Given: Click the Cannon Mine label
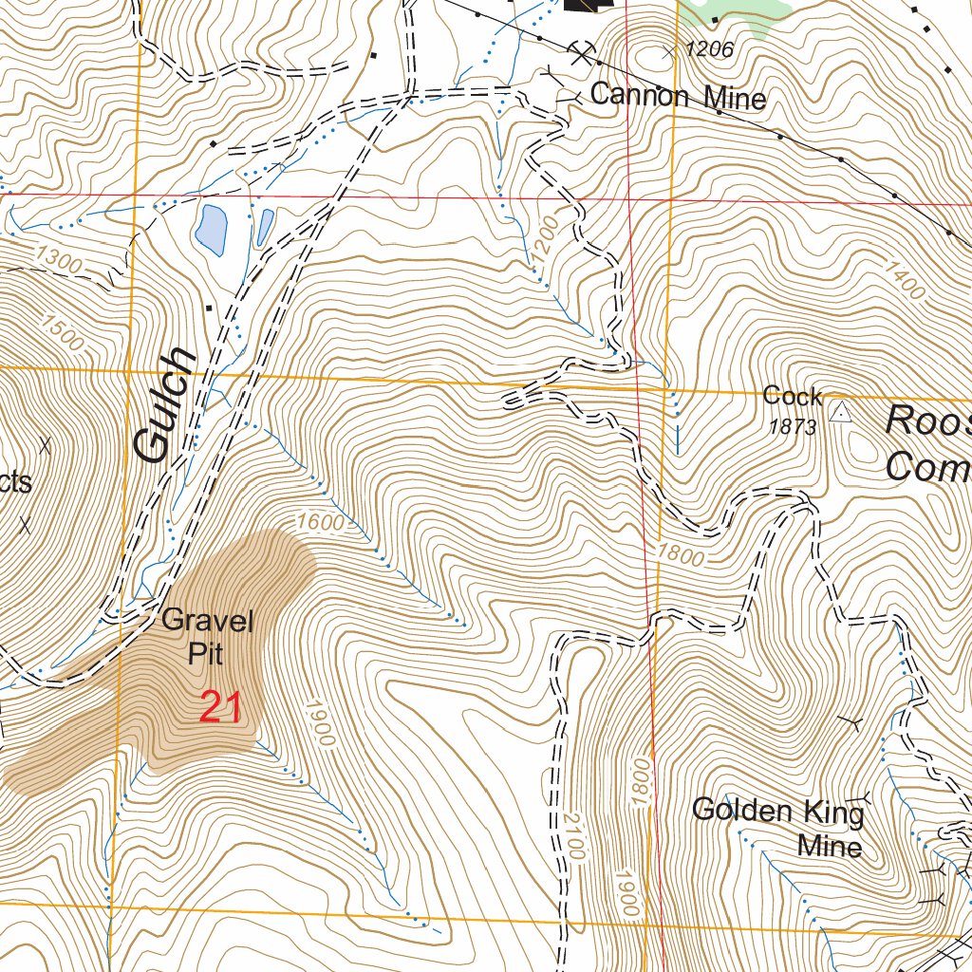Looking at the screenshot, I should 678,96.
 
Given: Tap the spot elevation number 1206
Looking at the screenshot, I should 709,50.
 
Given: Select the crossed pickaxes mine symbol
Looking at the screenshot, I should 581,51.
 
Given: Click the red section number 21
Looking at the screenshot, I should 220,708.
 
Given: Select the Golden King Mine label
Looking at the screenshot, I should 778,827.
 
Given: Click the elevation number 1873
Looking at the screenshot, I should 793,427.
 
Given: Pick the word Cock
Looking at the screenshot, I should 792,396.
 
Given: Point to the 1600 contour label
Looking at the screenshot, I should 317,521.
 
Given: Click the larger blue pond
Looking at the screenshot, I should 210,230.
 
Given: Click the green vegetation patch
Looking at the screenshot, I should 750,14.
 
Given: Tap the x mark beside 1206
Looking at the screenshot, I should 670,52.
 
